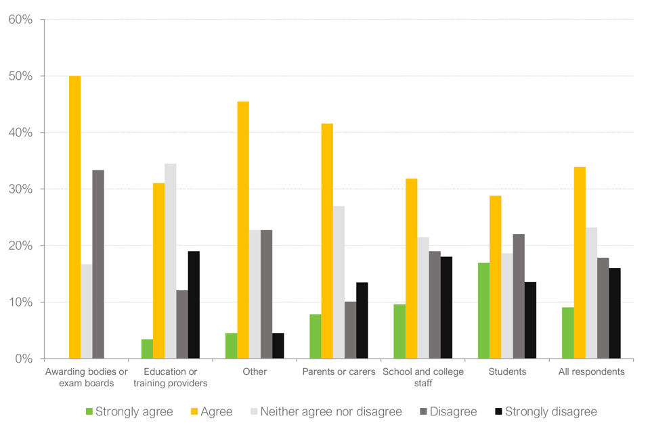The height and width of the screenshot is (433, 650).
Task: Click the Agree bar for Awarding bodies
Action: [x=74, y=216]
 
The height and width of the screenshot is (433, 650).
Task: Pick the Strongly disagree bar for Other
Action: [x=278, y=345]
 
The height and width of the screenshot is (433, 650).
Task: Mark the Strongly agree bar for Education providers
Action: [x=147, y=348]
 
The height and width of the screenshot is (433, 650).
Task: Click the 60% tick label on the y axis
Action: [x=20, y=20]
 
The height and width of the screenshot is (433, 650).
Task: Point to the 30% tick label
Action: [x=20, y=189]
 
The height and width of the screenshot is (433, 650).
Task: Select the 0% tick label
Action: [x=24, y=359]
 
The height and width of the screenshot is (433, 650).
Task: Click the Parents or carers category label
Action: [x=338, y=371]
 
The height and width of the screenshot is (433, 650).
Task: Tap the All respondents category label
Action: [x=591, y=371]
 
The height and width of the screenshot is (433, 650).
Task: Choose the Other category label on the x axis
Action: [x=255, y=371]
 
